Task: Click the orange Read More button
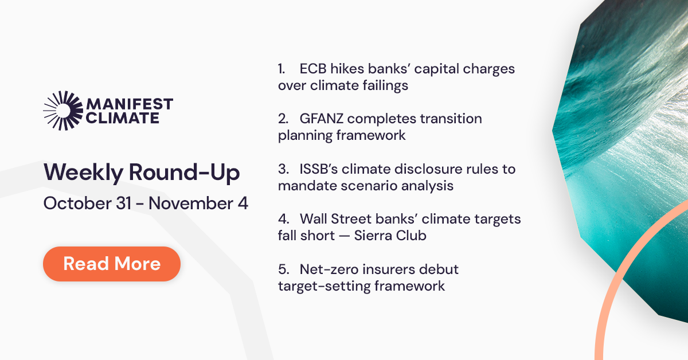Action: pyautogui.click(x=112, y=264)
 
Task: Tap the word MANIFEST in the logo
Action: pyautogui.click(x=129, y=104)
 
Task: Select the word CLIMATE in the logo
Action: pyautogui.click(x=122, y=118)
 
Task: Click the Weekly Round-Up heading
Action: pyautogui.click(x=142, y=173)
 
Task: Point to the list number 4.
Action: pyautogui.click(x=282, y=219)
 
